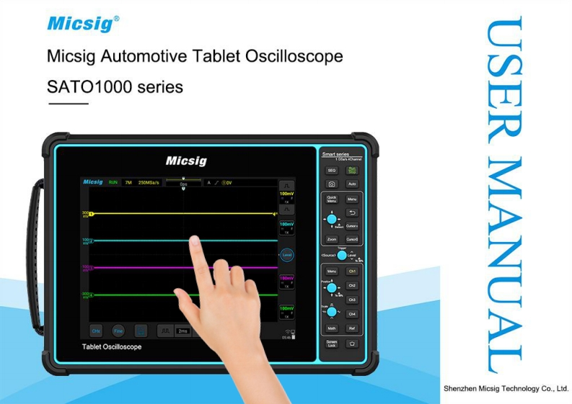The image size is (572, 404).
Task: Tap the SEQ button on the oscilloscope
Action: pos(332,171)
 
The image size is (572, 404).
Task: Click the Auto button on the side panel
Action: pos(352,184)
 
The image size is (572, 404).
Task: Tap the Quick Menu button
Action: pos(332,199)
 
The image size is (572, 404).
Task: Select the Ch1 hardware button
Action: pos(352,271)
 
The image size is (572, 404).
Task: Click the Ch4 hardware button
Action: pos(352,314)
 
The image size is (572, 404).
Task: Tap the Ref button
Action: pos(352,328)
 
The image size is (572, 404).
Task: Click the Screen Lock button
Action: pos(332,344)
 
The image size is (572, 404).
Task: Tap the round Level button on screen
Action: pos(286,254)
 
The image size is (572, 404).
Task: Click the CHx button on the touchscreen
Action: pos(96,331)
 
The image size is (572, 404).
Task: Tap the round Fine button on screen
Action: pos(118,331)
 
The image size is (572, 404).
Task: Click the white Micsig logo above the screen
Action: pos(185,160)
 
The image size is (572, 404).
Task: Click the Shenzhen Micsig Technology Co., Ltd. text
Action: pos(505,388)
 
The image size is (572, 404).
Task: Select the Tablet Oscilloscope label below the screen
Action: pos(112,347)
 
